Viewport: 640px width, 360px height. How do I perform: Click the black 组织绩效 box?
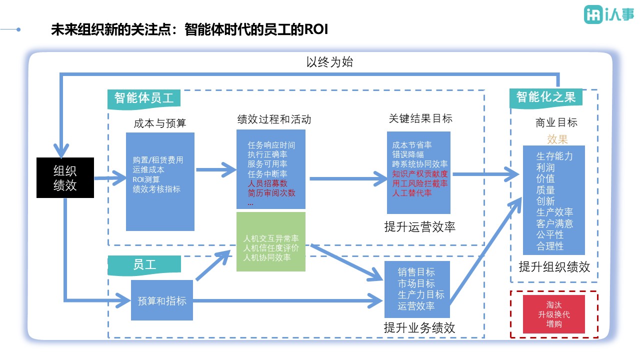point(65,177)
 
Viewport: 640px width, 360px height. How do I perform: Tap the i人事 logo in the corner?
point(608,15)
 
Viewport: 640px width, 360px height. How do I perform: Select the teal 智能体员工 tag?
point(143,98)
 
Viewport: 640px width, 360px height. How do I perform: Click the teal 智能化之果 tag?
point(546,97)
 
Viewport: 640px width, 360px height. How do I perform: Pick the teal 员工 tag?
point(144,265)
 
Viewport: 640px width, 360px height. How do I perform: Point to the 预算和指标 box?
point(162,300)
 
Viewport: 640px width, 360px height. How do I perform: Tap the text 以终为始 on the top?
point(330,62)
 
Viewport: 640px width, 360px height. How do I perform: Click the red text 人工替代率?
point(412,193)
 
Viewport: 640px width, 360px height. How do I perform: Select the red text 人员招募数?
point(267,183)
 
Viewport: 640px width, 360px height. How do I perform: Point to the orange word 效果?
point(557,139)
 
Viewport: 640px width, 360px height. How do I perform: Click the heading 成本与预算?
point(160,123)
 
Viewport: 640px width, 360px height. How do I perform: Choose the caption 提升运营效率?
point(419,227)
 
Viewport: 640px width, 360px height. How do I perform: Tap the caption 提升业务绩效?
point(419,328)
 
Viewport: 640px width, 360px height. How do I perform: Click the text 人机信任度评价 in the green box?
point(270,248)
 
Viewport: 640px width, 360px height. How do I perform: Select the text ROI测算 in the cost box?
point(146,179)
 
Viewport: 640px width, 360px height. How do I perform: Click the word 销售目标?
point(416,272)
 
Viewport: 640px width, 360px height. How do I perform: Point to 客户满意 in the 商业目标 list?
point(554,223)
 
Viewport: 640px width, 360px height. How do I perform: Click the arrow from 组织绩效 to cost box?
point(110,177)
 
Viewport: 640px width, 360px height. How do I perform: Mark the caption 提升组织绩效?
point(554,267)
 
